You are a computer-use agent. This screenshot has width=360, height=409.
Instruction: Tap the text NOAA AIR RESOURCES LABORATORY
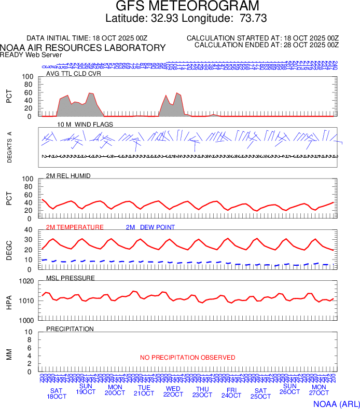click(x=83, y=48)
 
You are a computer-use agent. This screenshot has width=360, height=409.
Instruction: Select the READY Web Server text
click(x=31, y=55)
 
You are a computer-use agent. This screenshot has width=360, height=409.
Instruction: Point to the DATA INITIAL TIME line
click(x=87, y=38)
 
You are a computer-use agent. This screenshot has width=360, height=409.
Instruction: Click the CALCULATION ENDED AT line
click(x=267, y=45)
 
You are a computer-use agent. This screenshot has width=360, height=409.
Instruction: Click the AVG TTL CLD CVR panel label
click(x=73, y=74)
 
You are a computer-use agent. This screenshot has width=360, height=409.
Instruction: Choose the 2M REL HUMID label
click(x=68, y=176)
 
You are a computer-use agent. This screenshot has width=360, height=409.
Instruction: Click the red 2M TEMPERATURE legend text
click(x=75, y=227)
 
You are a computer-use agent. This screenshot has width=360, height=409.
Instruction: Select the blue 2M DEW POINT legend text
click(x=150, y=227)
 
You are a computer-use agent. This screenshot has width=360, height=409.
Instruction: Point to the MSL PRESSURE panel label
click(x=71, y=278)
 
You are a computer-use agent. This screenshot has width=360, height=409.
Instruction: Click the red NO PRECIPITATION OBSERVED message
click(x=187, y=358)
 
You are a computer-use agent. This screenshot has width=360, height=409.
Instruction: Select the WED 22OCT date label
click(x=173, y=391)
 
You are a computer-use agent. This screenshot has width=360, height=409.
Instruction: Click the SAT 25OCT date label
click(x=260, y=393)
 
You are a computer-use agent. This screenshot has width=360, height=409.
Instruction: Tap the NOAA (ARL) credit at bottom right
click(x=336, y=403)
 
